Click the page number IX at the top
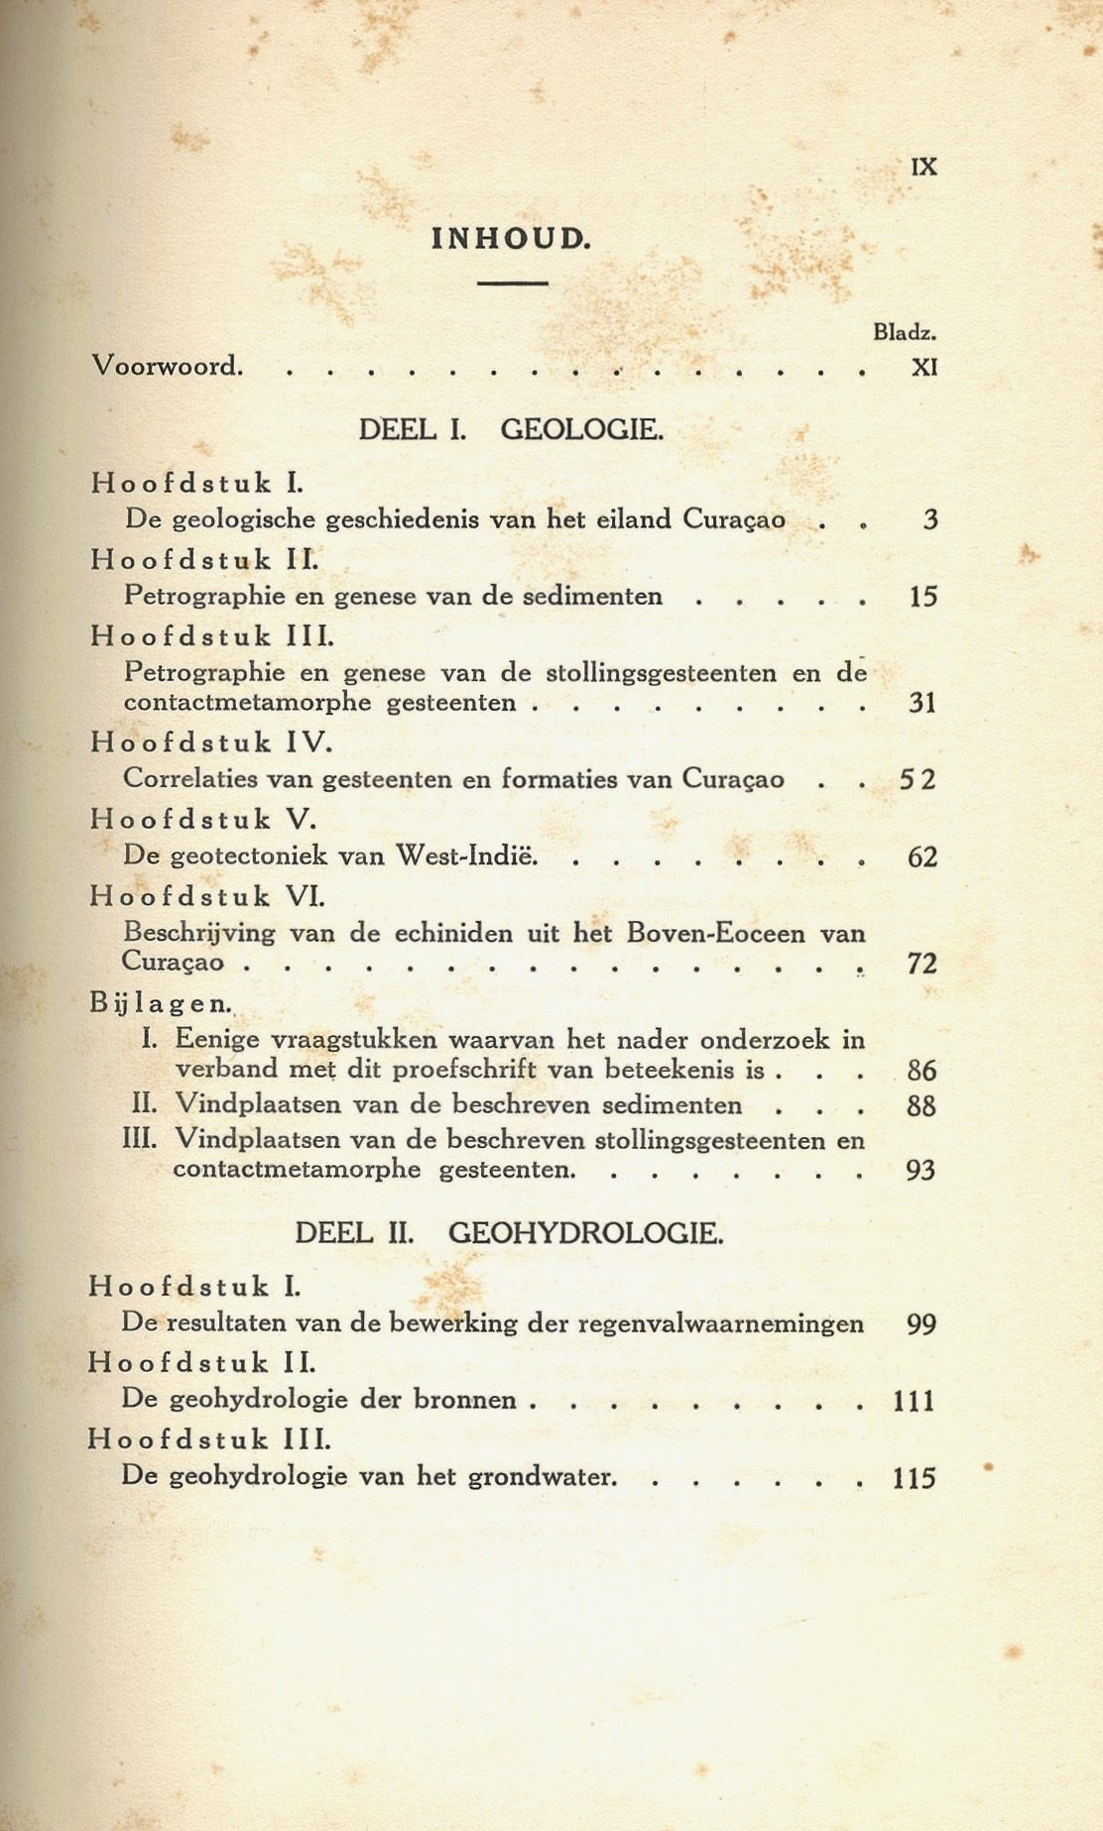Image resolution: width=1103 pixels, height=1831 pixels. click(x=923, y=167)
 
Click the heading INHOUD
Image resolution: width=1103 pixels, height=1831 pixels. click(x=511, y=239)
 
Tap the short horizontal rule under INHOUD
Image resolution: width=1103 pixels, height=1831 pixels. click(x=512, y=284)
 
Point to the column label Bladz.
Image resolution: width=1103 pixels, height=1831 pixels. click(x=905, y=333)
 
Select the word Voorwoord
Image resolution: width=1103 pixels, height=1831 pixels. click(x=167, y=367)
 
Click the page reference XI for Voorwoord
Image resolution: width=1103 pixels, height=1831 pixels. click(x=923, y=368)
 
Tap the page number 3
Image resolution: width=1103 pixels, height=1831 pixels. click(x=929, y=519)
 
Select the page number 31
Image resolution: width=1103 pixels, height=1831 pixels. click(x=922, y=704)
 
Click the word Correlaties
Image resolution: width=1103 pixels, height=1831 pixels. click(x=187, y=779)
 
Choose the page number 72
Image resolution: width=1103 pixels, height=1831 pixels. click(x=922, y=964)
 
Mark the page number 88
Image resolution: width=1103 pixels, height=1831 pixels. click(x=921, y=1106)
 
